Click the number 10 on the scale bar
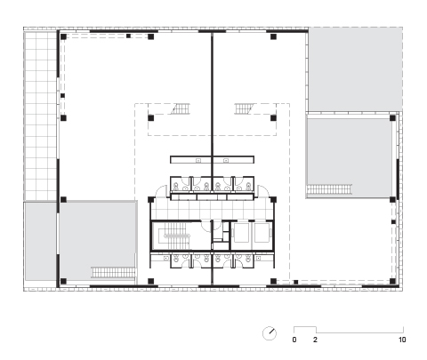click(x=402, y=340)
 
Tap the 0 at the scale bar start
click(x=294, y=340)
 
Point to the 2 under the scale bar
click(x=315, y=340)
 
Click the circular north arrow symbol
click(x=270, y=333)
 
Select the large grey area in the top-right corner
click(x=355, y=69)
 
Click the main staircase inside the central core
click(x=175, y=236)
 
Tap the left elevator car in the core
click(x=241, y=233)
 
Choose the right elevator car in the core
click(x=262, y=233)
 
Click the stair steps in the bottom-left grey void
click(x=114, y=273)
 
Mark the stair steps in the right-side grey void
click(x=329, y=189)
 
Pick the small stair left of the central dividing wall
click(x=181, y=108)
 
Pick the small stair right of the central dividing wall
click(x=245, y=108)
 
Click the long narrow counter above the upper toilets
click(x=212, y=160)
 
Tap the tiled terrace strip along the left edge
click(x=40, y=116)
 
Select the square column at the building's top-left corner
click(x=63, y=36)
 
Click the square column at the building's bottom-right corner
click(x=392, y=281)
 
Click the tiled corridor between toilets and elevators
click(x=212, y=210)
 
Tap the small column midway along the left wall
click(x=62, y=96)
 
